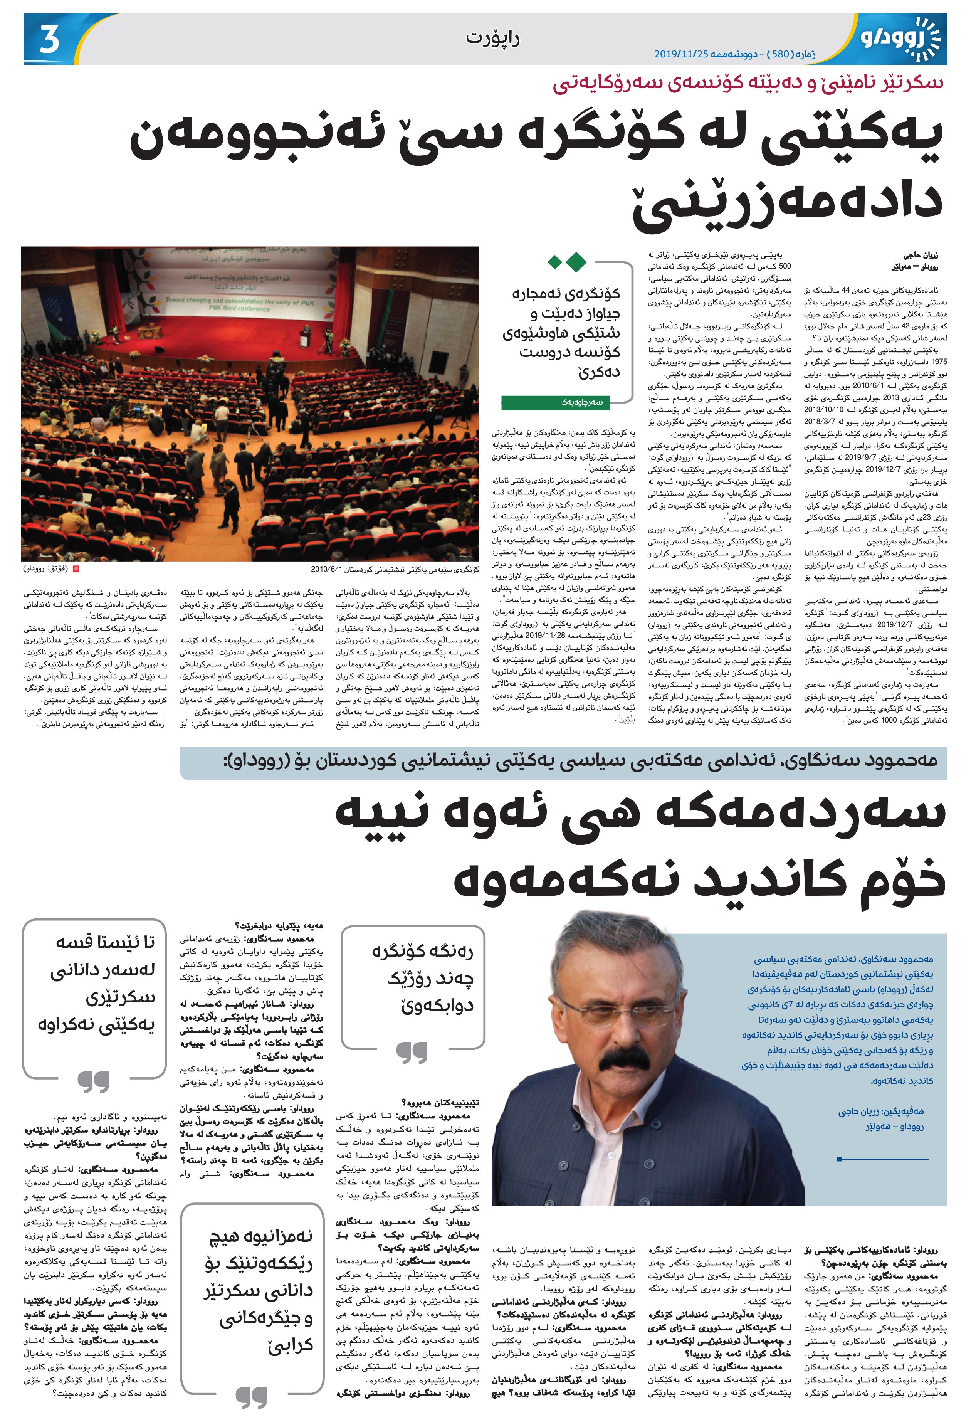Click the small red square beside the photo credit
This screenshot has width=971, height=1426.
[x=76, y=569]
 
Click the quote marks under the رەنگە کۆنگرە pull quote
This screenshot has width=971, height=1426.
[x=412, y=1052]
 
